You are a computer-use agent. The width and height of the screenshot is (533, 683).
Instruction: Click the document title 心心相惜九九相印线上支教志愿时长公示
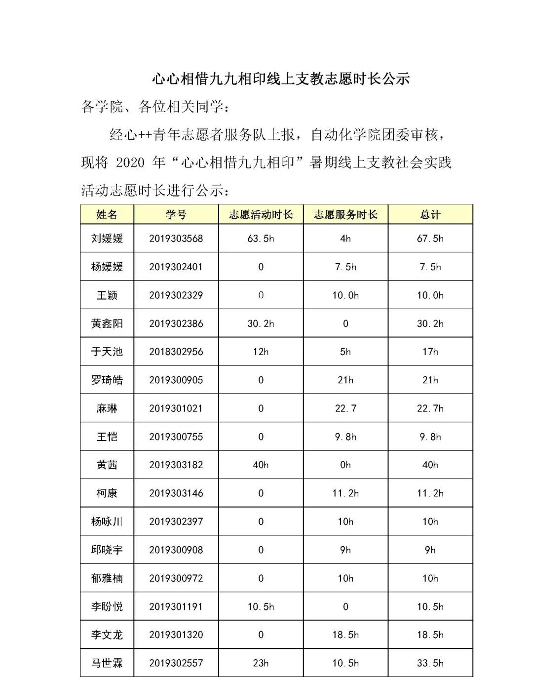tap(280, 79)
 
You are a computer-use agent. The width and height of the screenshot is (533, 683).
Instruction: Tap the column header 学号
tap(176, 214)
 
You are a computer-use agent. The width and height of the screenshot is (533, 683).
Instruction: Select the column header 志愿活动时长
tap(261, 214)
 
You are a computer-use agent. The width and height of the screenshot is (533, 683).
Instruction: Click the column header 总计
tap(430, 214)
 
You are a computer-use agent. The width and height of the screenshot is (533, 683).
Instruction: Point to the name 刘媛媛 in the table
tap(107, 239)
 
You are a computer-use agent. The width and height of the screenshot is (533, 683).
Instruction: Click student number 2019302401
tap(176, 267)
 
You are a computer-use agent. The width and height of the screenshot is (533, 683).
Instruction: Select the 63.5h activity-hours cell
tap(261, 239)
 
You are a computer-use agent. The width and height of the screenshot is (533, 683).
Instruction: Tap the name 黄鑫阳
tap(107, 324)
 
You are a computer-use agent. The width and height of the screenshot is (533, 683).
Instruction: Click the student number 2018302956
tap(176, 352)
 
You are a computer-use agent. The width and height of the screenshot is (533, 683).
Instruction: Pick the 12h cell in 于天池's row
tap(261, 352)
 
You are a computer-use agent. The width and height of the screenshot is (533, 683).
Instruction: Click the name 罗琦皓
tap(107, 380)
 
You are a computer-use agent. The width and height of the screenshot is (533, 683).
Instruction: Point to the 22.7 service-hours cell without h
tap(345, 408)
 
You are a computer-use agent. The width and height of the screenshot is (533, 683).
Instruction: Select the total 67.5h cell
tap(430, 239)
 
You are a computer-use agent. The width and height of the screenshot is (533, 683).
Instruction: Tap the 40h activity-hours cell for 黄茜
tap(261, 465)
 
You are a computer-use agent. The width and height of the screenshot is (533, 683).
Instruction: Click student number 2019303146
tap(176, 493)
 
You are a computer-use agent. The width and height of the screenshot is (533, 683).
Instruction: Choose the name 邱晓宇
tap(107, 550)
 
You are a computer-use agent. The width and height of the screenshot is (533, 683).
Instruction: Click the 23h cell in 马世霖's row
tap(261, 663)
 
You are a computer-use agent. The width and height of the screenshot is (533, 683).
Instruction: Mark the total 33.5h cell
tap(430, 663)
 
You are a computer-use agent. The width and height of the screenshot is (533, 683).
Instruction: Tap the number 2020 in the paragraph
tap(130, 162)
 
